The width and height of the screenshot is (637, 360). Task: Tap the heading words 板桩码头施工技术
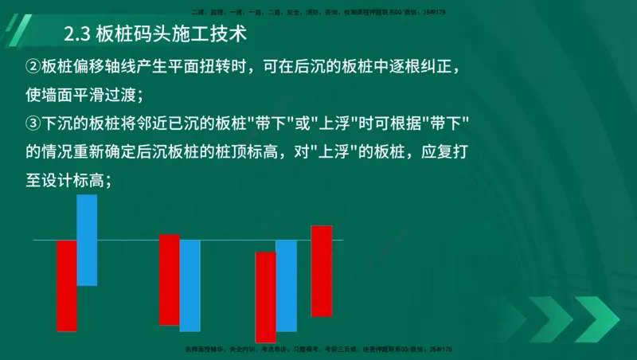tap(170, 35)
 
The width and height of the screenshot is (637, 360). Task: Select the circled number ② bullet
tap(33, 66)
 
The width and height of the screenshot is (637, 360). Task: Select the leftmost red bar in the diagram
tap(66, 285)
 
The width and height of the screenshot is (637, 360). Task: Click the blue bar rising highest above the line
tap(87, 239)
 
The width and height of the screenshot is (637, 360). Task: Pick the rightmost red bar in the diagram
tap(321, 271)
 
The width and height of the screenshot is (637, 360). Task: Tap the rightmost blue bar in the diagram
tap(286, 285)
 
